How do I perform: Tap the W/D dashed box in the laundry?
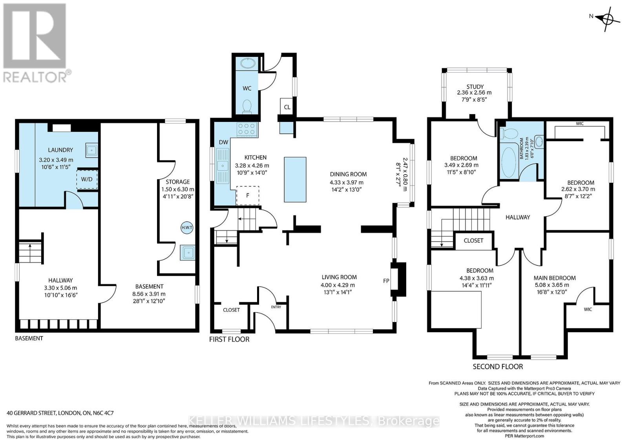click(x=87, y=179)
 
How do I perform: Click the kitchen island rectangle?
click(x=295, y=179)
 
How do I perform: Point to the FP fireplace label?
click(x=386, y=281)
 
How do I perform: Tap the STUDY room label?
click(x=475, y=87)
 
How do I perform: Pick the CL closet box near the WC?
click(x=287, y=107)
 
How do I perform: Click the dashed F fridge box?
click(x=248, y=195)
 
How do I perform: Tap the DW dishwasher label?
click(x=223, y=142)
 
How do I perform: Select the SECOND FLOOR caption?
click(x=497, y=367)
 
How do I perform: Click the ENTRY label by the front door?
click(x=276, y=307)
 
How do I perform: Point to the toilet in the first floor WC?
click(x=247, y=106)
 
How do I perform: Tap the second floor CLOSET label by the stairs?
click(x=473, y=240)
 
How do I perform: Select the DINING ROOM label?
click(x=348, y=174)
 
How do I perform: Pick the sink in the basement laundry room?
click(x=91, y=150)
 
